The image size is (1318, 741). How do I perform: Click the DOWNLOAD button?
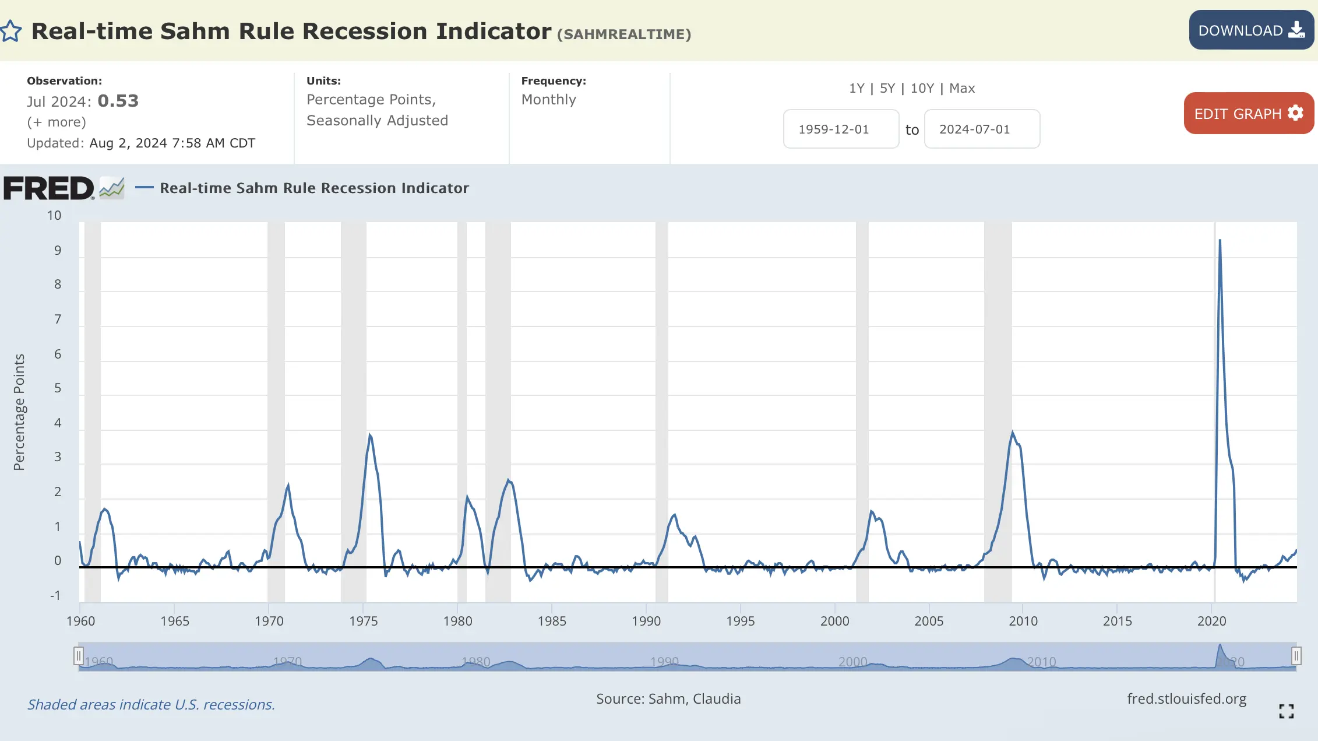tap(1250, 30)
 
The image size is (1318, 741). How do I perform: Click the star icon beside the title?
tap(11, 31)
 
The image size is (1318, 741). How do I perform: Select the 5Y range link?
tap(887, 88)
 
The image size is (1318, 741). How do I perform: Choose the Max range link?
tap(961, 88)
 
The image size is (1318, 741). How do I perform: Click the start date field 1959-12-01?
tap(840, 129)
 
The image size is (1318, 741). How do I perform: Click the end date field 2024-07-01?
tap(981, 129)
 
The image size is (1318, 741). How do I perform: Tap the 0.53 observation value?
tap(118, 101)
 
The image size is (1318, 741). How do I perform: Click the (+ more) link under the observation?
tap(57, 122)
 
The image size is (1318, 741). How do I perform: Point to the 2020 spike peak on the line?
tap(1220, 240)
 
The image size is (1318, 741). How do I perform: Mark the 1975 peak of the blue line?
tap(369, 435)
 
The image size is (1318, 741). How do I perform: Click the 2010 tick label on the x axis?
tap(1023, 621)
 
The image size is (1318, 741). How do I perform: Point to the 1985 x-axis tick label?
tap(552, 621)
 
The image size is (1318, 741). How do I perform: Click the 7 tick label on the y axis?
tap(58, 319)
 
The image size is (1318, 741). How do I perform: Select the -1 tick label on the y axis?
tap(55, 595)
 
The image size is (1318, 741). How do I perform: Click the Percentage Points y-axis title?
tap(19, 412)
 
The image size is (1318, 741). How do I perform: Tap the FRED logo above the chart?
tap(49, 188)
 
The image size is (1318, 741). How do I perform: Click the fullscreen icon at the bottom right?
tap(1287, 711)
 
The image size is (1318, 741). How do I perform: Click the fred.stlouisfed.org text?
tap(1186, 698)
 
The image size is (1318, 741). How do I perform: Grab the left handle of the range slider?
tap(79, 656)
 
